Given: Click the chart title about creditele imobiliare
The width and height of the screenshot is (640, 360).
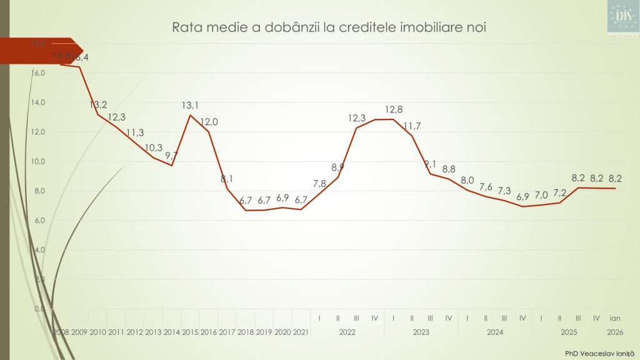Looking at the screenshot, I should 329,27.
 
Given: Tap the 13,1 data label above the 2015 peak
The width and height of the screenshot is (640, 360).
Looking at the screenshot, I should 191,105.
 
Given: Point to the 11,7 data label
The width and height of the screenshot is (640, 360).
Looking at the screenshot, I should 412,126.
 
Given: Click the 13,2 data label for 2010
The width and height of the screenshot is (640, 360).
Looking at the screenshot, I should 98,104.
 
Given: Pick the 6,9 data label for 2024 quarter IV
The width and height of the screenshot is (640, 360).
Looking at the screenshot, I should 522,197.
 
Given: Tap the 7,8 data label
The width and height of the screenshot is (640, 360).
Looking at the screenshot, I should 319,183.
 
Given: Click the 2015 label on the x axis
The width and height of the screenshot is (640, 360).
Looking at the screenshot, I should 191,332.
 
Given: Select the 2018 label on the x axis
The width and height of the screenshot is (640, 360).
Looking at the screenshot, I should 246,332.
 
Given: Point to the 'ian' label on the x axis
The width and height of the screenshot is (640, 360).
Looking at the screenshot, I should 614,318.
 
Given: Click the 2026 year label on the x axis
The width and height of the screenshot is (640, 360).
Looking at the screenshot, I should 614,332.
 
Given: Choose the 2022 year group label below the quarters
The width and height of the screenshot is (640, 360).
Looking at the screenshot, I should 347,332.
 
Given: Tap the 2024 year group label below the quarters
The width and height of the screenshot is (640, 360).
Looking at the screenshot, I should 494,332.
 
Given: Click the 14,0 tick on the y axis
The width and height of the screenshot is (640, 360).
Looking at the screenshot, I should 37,102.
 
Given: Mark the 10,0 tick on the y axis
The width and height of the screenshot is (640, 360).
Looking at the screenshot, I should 37,161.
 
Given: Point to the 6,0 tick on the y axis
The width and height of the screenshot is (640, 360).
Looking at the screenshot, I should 37,220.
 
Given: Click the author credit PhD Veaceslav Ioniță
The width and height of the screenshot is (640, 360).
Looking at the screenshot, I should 596,353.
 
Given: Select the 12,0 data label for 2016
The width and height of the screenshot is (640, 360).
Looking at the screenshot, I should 209,122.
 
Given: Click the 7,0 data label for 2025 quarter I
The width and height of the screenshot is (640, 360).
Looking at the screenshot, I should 541,194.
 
